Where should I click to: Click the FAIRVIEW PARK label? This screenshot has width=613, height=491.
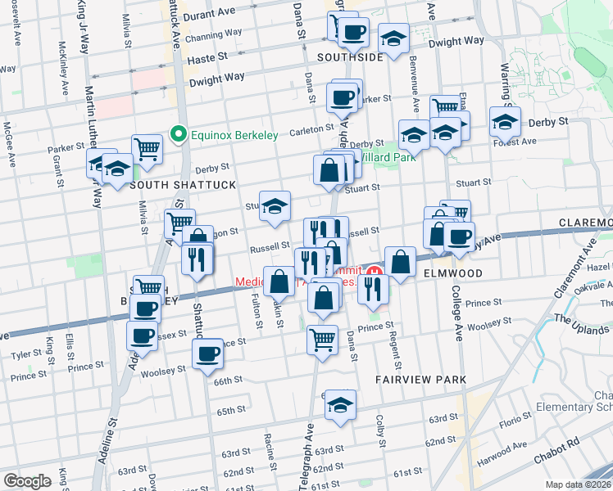[421, 380]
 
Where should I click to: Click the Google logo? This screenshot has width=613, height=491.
[27, 480]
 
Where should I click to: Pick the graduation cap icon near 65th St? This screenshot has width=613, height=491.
[340, 405]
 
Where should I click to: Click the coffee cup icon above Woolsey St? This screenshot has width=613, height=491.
[208, 353]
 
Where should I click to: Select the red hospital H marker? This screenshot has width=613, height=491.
[375, 272]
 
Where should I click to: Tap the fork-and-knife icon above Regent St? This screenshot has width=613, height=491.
[373, 287]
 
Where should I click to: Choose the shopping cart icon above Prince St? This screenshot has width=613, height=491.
[323, 337]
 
